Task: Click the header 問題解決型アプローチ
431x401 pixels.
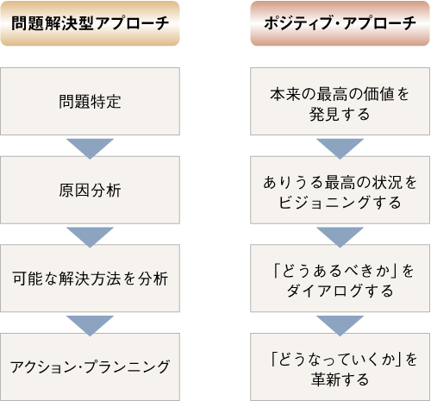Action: pyautogui.click(x=90, y=23)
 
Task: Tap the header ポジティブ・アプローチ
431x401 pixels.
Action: pyautogui.click(x=340, y=23)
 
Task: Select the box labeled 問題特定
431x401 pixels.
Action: pyautogui.click(x=90, y=101)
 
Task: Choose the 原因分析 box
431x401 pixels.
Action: pyautogui.click(x=90, y=190)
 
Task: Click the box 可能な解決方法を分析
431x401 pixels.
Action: pyautogui.click(x=90, y=279)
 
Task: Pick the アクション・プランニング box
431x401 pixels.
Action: pyautogui.click(x=90, y=367)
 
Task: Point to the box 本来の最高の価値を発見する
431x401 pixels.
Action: pyautogui.click(x=340, y=101)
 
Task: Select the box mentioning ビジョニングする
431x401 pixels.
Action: pyautogui.click(x=340, y=190)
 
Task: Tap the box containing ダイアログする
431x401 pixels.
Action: pyautogui.click(x=340, y=279)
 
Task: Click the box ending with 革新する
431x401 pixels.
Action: pyautogui.click(x=340, y=367)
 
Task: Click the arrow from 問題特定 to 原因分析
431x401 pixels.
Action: pyautogui.click(x=90, y=147)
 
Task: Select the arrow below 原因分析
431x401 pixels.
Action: pyautogui.click(x=90, y=235)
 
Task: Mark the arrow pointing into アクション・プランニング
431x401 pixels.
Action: pyautogui.click(x=90, y=324)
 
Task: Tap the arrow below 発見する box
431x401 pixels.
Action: pyautogui.click(x=340, y=147)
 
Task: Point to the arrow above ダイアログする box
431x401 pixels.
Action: pyautogui.click(x=340, y=235)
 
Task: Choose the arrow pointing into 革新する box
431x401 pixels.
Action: pyautogui.click(x=340, y=324)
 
